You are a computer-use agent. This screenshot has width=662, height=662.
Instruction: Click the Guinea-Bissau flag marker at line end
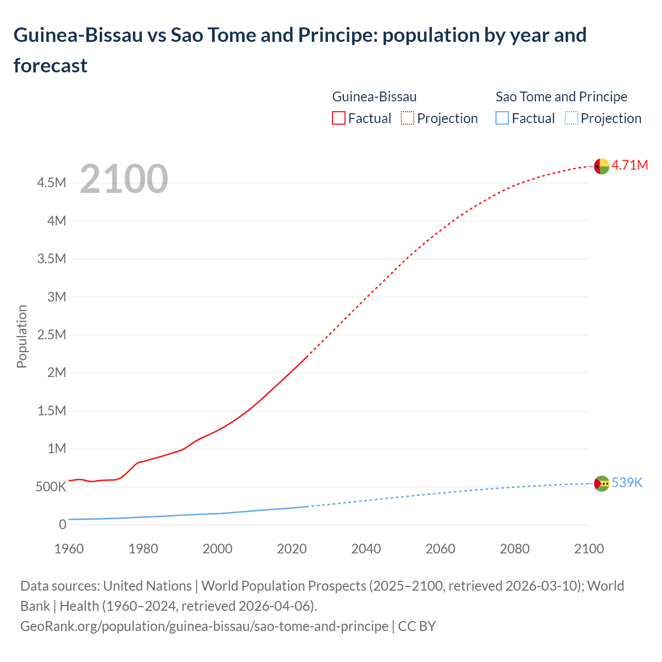coord(601,166)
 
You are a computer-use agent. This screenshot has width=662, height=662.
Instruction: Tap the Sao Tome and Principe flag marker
coord(601,484)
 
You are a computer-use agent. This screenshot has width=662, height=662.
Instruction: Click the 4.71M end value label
coord(629,165)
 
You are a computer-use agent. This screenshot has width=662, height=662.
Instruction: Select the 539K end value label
coord(627,483)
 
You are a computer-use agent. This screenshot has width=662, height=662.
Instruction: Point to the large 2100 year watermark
coord(124,179)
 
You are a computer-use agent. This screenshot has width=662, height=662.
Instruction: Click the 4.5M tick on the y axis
coord(51,183)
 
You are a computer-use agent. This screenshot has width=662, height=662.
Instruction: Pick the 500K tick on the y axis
coord(51,487)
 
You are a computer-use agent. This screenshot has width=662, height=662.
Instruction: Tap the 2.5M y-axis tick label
coord(51,335)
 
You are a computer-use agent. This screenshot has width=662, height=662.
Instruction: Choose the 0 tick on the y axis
coord(63,525)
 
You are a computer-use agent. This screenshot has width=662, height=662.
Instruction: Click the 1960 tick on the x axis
coord(69,549)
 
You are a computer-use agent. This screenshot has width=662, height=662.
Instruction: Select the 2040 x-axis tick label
coord(366,549)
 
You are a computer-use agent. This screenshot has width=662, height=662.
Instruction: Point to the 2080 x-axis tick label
coord(515,549)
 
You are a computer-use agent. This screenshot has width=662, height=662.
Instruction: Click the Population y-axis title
coord(22,336)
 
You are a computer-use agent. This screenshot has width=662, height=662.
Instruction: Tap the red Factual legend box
coord(338,118)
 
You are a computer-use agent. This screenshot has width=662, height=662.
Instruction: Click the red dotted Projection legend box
coord(408,118)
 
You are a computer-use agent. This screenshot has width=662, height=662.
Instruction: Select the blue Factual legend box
coord(502,118)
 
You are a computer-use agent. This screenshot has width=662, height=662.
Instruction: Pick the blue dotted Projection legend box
coord(571,118)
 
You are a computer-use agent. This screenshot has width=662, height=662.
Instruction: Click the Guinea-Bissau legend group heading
coord(374,97)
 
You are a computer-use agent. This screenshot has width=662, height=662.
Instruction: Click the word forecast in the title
coord(51,66)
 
